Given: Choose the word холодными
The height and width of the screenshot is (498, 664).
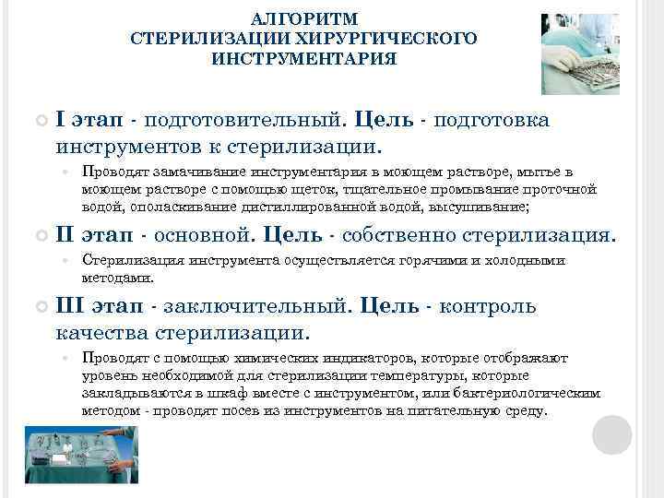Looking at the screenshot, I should click(x=525, y=260).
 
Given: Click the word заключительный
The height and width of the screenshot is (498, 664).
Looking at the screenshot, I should click(x=249, y=306).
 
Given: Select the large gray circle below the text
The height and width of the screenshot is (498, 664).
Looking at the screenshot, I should click(x=611, y=433).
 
